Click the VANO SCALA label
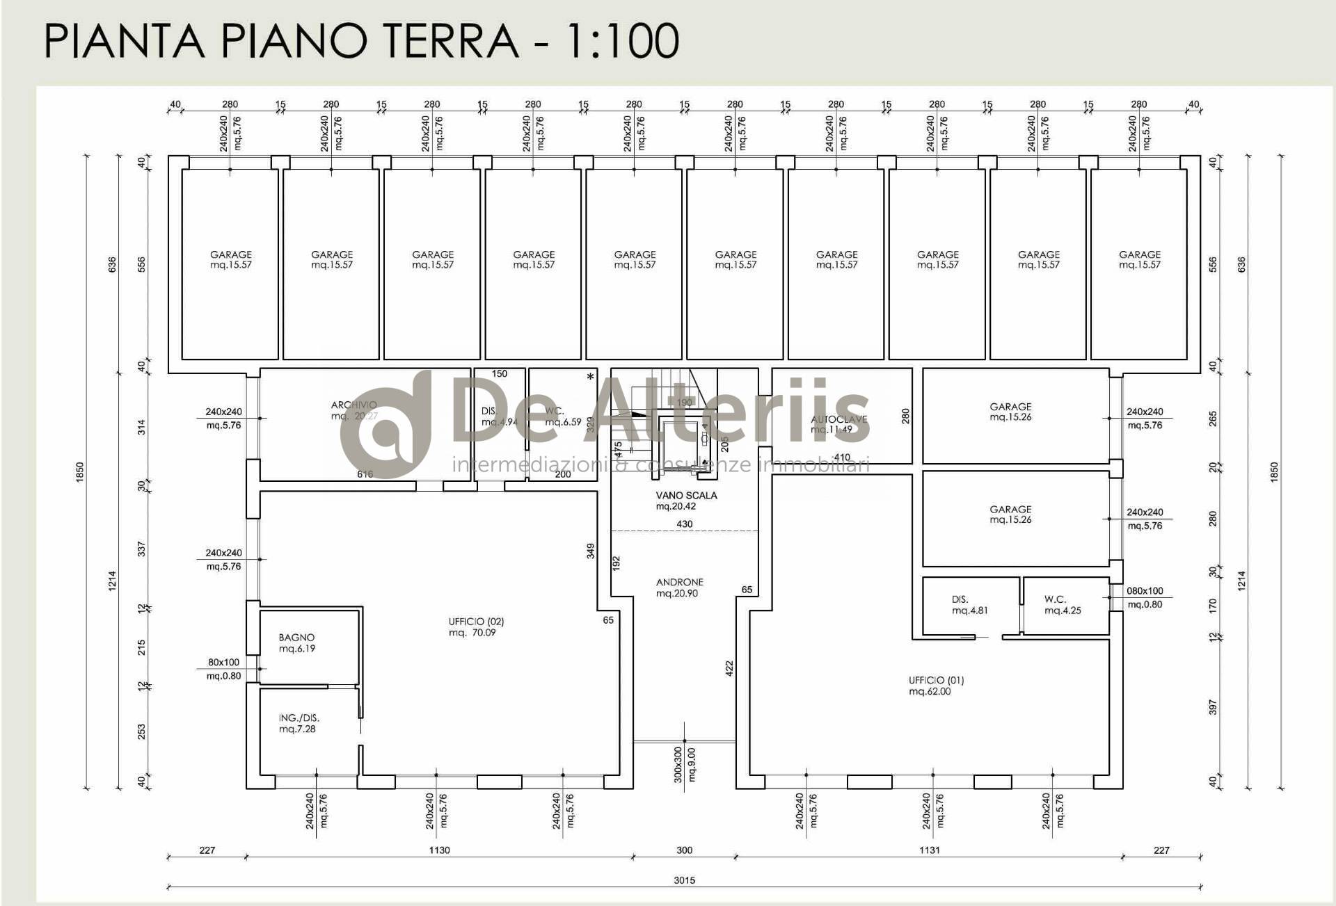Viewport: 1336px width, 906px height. pyautogui.click(x=686, y=496)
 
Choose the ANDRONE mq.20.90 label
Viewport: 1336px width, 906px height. pyautogui.click(x=679, y=588)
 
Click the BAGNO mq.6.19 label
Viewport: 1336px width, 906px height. pyautogui.click(x=296, y=642)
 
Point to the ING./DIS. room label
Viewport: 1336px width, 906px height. pyautogui.click(x=299, y=723)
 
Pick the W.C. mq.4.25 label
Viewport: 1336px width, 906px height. pyautogui.click(x=1062, y=604)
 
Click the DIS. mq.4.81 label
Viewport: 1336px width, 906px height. pyautogui.click(x=969, y=604)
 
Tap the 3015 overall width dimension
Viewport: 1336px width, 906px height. pyautogui.click(x=684, y=880)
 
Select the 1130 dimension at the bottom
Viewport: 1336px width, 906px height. pyautogui.click(x=439, y=850)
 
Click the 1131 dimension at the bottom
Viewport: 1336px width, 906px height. pyautogui.click(x=930, y=850)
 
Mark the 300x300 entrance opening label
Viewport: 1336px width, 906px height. pyautogui.click(x=678, y=765)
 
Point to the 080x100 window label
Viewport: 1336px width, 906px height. pyautogui.click(x=1145, y=591)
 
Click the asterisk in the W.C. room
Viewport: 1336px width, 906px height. pyautogui.click(x=591, y=377)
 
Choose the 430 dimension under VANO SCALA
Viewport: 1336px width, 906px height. pyautogui.click(x=685, y=524)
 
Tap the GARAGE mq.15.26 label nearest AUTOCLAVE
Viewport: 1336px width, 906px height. pyautogui.click(x=1010, y=412)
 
